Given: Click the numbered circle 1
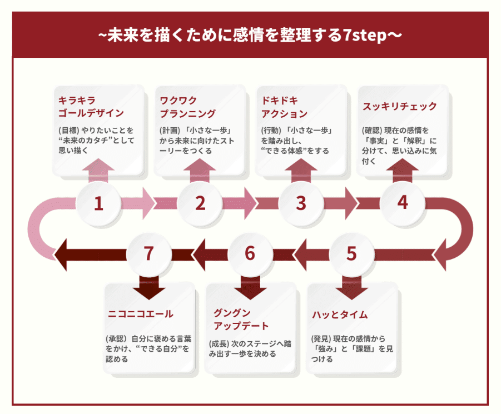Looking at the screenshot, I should tap(98, 204).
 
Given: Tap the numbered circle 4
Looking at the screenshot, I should tap(403, 203).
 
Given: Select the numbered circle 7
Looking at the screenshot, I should tap(148, 253).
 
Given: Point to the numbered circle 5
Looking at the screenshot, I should tap(351, 253).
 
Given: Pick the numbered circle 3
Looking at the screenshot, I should tap(301, 204).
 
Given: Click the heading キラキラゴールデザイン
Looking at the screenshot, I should tap(91, 107).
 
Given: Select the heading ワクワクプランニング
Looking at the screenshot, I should tap(187, 107).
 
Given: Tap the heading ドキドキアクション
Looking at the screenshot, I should tap(284, 107).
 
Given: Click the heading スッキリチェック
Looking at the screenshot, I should tap(400, 106).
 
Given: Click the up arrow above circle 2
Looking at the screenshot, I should tap(199, 169).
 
